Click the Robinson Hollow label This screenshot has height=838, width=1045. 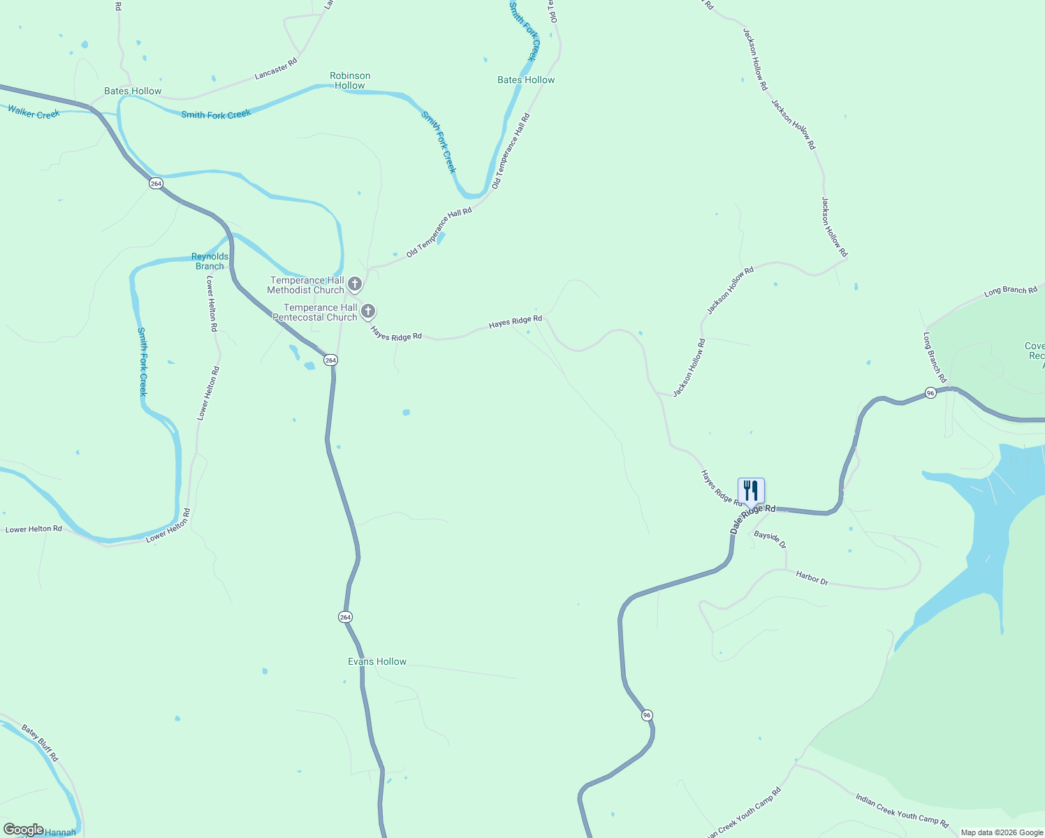(350, 80)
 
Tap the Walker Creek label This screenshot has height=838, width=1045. (34, 112)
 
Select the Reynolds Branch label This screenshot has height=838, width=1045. (210, 261)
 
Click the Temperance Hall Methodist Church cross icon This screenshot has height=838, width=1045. (355, 284)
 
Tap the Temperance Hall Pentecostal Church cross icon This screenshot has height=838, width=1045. (368, 311)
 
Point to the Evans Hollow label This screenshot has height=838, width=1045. (377, 661)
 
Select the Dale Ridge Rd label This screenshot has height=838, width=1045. (752, 520)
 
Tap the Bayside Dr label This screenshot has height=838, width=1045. (770, 539)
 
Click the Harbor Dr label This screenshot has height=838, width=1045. (812, 578)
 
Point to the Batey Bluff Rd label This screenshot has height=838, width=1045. (40, 743)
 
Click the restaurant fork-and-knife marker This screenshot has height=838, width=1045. (751, 490)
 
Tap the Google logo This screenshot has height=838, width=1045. (23, 830)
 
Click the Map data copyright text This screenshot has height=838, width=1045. (1002, 832)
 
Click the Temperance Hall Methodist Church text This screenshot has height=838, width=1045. (306, 285)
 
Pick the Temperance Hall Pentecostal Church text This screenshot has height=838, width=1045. (316, 312)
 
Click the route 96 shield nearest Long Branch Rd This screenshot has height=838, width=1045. (930, 393)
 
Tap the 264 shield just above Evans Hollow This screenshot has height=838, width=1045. (345, 617)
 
